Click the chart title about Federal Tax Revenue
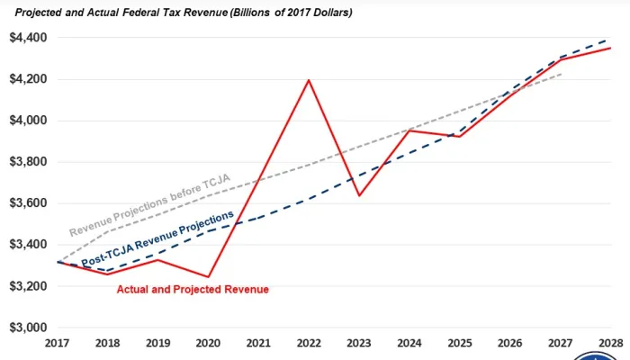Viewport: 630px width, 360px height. [x=184, y=13]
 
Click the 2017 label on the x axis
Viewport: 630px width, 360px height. [x=56, y=343]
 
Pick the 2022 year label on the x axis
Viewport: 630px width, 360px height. [x=309, y=343]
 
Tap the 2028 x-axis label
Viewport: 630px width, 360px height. [x=611, y=343]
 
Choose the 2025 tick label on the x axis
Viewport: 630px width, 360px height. [x=460, y=343]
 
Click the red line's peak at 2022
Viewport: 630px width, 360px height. [x=309, y=80]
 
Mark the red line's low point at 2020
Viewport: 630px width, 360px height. [x=208, y=277]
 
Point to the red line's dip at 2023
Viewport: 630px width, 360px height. [x=359, y=195]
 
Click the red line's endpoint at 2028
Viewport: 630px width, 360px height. [x=611, y=48]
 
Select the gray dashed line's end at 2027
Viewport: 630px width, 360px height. [x=561, y=74]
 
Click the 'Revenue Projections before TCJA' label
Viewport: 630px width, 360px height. [x=148, y=205]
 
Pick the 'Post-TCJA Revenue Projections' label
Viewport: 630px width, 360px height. [x=157, y=238]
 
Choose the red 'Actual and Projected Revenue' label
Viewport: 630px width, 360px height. [x=193, y=289]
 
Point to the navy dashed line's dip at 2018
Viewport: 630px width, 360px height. [x=107, y=270]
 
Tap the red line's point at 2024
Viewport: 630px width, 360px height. [x=409, y=130]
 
